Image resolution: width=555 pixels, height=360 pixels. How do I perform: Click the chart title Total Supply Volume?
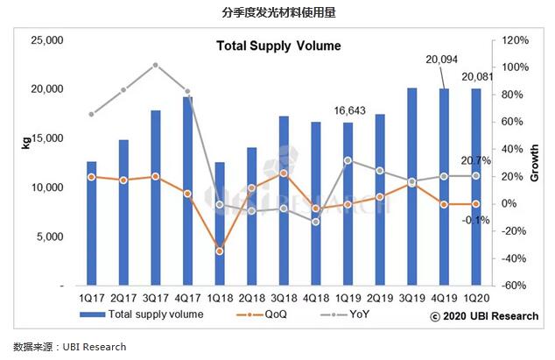pyautogui.click(x=278, y=46)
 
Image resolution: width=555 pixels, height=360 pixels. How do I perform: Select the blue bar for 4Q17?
pyautogui.click(x=187, y=193)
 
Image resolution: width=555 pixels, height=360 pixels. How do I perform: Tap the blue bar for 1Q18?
pyautogui.click(x=219, y=224)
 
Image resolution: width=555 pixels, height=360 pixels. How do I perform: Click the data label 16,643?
pyautogui.click(x=349, y=111)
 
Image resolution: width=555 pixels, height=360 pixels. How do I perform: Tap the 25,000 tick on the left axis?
pyautogui.click(x=47, y=40)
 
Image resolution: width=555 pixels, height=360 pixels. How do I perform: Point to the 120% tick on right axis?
pyautogui.click(x=514, y=40)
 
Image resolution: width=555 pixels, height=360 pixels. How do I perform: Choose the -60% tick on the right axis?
pyautogui.click(x=514, y=286)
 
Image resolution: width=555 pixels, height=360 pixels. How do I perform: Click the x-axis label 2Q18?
pyautogui.click(x=251, y=298)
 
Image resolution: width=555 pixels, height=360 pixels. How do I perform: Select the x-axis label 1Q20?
pyautogui.click(x=475, y=298)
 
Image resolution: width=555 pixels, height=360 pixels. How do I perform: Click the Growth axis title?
pyautogui.click(x=535, y=163)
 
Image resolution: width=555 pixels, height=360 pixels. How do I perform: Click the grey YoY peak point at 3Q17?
pyautogui.click(x=155, y=65)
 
